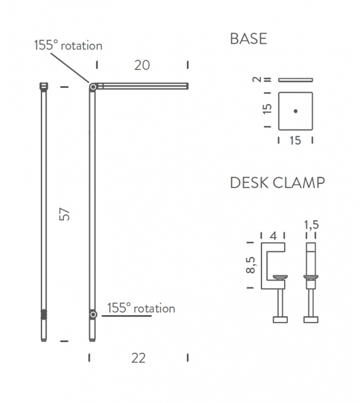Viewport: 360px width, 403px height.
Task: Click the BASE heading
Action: coord(248,39)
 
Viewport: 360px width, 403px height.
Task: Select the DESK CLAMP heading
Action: coord(277,183)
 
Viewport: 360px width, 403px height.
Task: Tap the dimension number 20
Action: coord(142,65)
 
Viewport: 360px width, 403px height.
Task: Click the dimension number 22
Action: coord(139,358)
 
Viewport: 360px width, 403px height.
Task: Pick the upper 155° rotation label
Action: coord(68,45)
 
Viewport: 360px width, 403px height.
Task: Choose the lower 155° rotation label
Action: coord(141,308)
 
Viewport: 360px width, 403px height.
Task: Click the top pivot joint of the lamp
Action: coord(93,86)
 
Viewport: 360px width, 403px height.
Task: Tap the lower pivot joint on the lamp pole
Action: coord(93,313)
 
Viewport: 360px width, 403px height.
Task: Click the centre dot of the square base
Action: coord(295,111)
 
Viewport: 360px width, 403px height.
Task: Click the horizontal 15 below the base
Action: coord(295,141)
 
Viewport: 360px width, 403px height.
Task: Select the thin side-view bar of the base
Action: coord(295,80)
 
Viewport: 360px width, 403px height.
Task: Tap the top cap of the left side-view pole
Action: coord(44,85)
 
